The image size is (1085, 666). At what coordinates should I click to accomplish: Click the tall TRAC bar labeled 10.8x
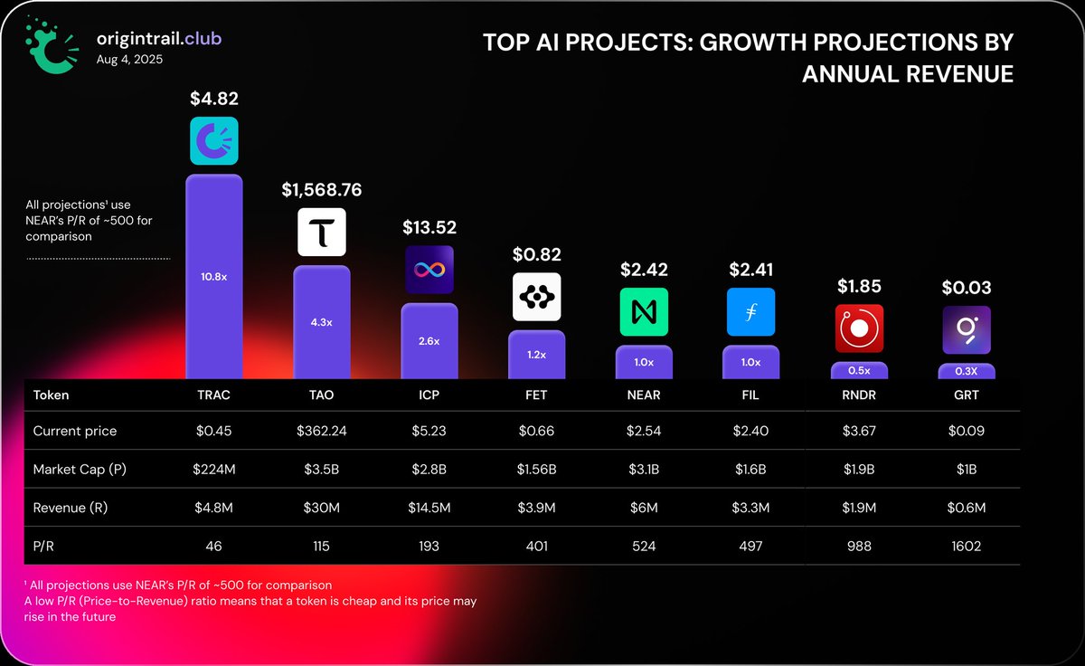213,276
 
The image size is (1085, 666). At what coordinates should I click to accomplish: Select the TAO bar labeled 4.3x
321,321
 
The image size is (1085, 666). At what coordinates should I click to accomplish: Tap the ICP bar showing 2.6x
429,340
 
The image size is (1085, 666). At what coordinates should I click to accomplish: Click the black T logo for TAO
322,232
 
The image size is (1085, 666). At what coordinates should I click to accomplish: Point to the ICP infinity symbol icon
429,270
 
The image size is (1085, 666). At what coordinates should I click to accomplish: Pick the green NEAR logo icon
644,312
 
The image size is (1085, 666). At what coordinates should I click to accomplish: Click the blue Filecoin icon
750,312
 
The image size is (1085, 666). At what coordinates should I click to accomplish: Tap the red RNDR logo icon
858,328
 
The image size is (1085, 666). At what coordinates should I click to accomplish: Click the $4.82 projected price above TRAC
214,99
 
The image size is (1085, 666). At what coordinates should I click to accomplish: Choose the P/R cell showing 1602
966,546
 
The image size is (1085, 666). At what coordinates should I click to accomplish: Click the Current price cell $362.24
322,431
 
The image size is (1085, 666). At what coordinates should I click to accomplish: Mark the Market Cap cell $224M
214,470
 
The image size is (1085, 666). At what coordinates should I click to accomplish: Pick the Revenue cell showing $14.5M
429,508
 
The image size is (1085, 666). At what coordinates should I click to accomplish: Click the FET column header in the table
536,395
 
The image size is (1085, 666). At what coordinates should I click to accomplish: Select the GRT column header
966,395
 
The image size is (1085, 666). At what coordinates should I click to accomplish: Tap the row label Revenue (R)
71,508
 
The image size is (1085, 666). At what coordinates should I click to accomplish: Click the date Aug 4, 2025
130,60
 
